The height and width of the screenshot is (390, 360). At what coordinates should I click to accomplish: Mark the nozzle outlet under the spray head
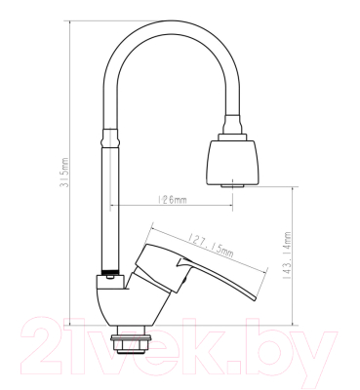click(232, 183)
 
